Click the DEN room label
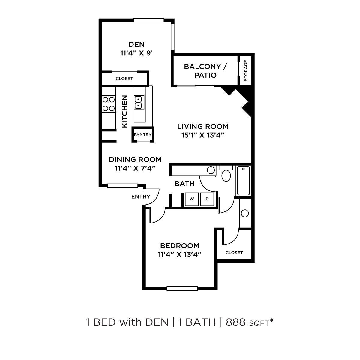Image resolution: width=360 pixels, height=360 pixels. [x=136, y=44]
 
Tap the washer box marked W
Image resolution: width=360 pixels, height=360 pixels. [x=192, y=199]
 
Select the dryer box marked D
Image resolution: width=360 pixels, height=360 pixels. [x=207, y=199]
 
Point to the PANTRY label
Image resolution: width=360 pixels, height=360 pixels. [x=142, y=135]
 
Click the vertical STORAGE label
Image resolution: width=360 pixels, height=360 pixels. [x=246, y=70]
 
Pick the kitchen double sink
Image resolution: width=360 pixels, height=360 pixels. [x=138, y=102]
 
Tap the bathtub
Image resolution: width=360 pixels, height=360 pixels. [x=243, y=181]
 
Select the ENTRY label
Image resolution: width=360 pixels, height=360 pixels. [x=141, y=197]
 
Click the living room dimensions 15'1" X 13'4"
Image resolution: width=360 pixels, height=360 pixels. [x=203, y=135]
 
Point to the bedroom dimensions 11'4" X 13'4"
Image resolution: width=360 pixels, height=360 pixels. [x=179, y=254]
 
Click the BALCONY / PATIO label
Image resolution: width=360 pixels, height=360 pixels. [x=205, y=71]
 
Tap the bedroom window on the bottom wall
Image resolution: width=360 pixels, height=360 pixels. [x=182, y=289]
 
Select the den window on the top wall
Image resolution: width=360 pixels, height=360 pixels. [x=149, y=20]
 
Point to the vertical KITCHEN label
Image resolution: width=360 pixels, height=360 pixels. [x=124, y=111]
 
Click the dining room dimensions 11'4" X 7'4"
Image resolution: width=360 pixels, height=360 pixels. [x=135, y=168]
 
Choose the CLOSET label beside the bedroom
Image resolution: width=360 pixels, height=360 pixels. [x=234, y=253]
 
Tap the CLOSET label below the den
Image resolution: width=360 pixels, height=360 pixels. [x=124, y=79]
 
